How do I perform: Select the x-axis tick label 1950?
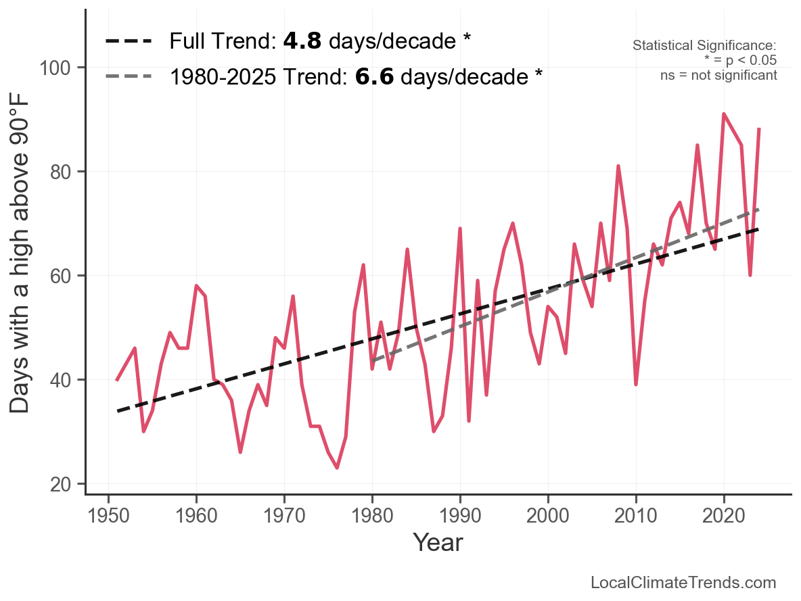(109, 517)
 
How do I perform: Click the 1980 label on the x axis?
(372, 517)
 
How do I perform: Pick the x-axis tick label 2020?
(724, 517)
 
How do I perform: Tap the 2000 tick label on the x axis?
(548, 517)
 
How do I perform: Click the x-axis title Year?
(438, 542)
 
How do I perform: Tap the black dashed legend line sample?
(129, 42)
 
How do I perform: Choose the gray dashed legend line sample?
(129, 77)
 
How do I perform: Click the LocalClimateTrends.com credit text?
(683, 582)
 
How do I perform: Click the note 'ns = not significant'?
(718, 75)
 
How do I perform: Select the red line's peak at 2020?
(724, 114)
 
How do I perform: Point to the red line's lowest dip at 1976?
(337, 468)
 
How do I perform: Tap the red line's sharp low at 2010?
(636, 384)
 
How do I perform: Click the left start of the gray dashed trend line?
(373, 361)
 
